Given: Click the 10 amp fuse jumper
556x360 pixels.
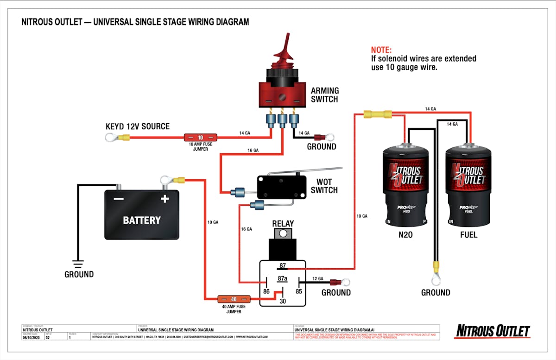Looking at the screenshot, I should click(201, 138).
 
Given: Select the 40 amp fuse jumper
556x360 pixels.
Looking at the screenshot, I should click(234, 299).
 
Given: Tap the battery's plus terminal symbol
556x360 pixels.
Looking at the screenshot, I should click(164, 199).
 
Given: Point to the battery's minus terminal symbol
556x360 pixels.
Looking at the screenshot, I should click(119, 199).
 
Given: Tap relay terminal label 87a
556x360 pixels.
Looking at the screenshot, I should click(283, 279).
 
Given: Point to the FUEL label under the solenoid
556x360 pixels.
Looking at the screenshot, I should click(468, 235).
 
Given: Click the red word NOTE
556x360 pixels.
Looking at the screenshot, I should click(381, 50).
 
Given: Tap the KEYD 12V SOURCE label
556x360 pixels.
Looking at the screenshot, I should click(138, 126).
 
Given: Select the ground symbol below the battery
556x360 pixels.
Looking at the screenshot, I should click(78, 264).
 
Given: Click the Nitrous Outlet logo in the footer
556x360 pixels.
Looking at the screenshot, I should click(493, 331).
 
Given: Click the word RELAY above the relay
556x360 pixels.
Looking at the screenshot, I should click(283, 223).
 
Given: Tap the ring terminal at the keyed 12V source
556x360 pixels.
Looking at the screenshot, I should click(111, 137).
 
